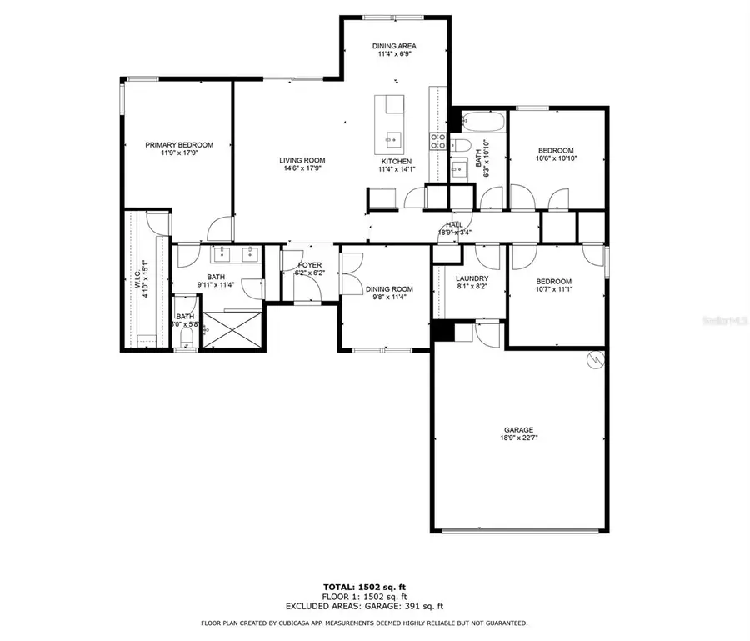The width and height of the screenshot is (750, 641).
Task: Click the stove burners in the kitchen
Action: [x=438, y=142]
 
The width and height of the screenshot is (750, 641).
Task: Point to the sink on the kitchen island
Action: [x=392, y=137]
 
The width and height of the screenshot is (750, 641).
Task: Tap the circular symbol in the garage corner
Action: [x=596, y=359]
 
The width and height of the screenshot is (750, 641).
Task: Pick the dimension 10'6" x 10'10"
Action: [x=555, y=158]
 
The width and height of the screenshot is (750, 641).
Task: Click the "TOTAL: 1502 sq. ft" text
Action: [x=364, y=588]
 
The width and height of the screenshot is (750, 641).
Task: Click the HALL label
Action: [x=454, y=224]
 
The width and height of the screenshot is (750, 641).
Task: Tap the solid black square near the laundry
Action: [x=442, y=331]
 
